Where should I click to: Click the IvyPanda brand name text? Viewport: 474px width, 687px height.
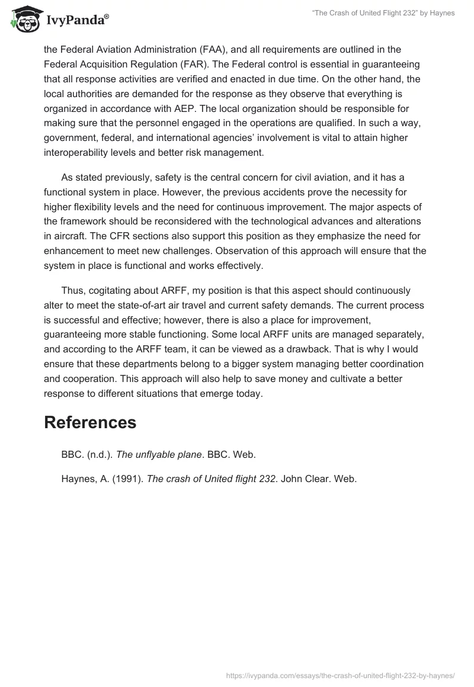click(x=77, y=21)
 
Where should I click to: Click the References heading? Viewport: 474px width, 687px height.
click(x=90, y=422)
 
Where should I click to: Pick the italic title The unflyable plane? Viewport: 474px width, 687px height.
click(x=159, y=455)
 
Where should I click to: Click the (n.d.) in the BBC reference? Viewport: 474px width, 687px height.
click(x=99, y=455)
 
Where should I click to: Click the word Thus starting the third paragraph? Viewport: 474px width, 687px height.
click(x=72, y=291)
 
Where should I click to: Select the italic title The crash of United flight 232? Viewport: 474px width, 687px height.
click(x=212, y=479)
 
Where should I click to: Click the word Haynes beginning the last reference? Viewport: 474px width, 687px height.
click(x=77, y=479)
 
